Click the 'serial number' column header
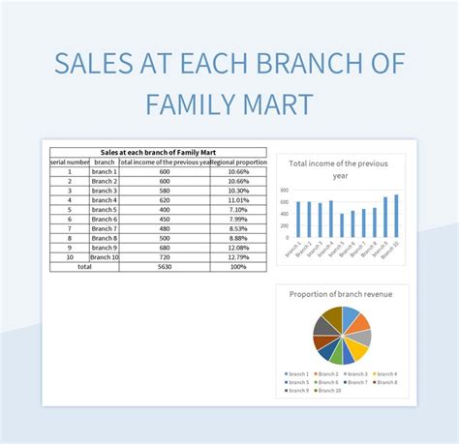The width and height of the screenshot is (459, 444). click(70, 162)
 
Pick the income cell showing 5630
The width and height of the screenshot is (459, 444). click(165, 266)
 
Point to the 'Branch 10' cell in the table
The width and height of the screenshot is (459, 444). click(105, 256)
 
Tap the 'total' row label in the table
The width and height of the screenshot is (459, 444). click(84, 266)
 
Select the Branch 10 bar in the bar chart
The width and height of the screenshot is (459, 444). click(396, 217)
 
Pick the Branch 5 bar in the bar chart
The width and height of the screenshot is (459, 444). click(342, 225)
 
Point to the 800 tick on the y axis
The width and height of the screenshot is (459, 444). click(284, 191)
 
